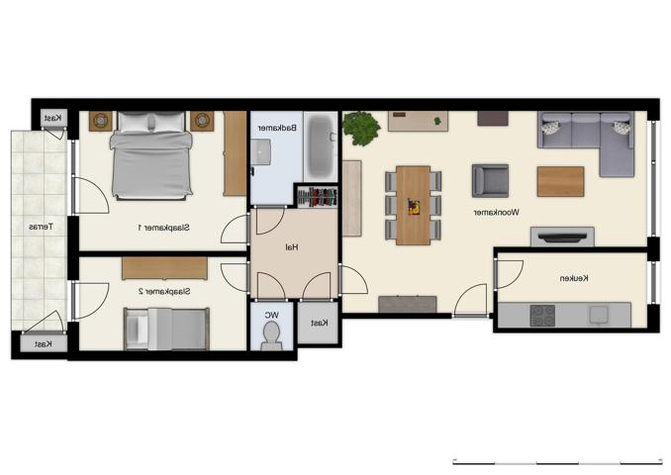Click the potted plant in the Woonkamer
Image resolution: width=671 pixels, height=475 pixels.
pos(361,129)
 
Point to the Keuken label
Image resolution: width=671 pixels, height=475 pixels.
pos(573,279)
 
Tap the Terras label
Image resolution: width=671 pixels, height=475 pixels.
pos(40,228)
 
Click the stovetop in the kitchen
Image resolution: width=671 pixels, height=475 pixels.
pos(542,315)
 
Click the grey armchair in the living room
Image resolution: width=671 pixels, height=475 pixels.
pos(489,180)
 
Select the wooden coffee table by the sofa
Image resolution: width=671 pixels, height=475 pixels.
pos(560,181)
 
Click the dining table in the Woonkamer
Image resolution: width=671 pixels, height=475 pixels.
pos(413,205)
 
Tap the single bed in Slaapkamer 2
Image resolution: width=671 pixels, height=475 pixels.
pos(166,329)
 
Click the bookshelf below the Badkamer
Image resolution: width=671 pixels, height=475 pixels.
pos(318,196)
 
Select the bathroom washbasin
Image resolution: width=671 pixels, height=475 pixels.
pos(261,151)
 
